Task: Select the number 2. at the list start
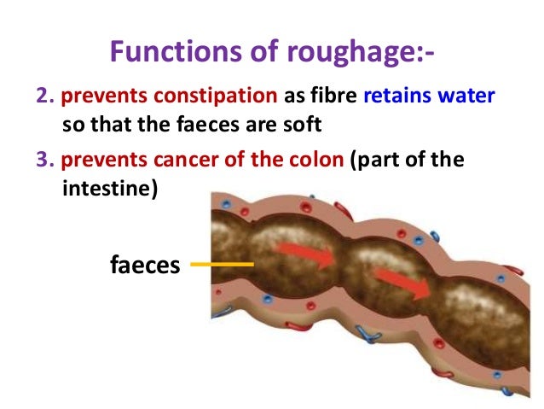(43, 96)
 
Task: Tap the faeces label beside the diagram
(145, 265)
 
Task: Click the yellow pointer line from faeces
(223, 265)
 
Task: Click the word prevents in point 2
(93, 96)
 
